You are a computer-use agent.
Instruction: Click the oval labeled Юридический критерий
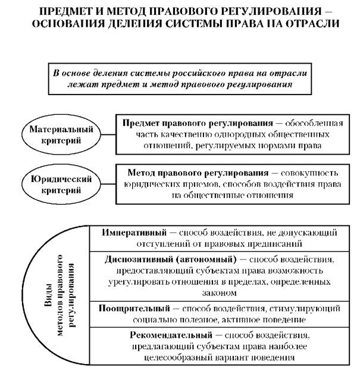coord(54,184)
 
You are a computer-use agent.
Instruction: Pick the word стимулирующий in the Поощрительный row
coord(306,309)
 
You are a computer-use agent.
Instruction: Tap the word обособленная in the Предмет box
coord(313,123)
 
